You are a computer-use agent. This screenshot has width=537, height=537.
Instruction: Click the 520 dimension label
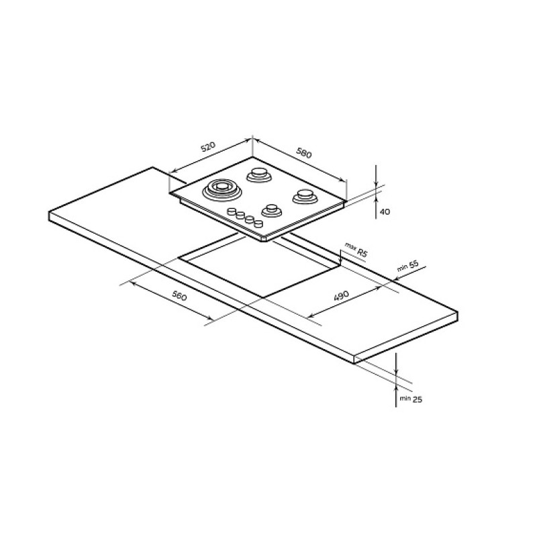tap(208, 147)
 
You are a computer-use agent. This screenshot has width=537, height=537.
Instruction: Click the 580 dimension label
tap(304, 153)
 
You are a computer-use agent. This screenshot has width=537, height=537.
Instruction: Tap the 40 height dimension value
tap(385, 212)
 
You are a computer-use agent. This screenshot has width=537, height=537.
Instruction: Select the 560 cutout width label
tap(179, 295)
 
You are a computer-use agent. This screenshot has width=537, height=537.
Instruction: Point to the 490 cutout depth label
tap(341, 295)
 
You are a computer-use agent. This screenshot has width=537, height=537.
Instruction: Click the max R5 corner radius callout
tap(356, 250)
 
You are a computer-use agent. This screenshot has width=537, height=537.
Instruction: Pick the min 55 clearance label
tap(408, 266)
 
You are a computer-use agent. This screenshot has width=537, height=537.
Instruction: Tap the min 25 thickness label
tap(411, 399)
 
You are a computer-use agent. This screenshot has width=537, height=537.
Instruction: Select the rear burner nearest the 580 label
tap(259, 175)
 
